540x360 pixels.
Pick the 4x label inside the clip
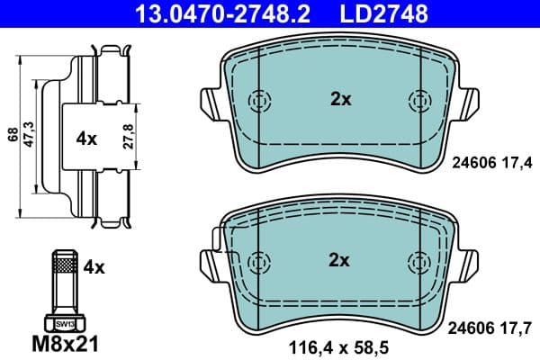(x=86, y=139)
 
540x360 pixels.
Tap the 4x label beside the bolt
(x=94, y=266)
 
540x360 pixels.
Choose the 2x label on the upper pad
(x=339, y=100)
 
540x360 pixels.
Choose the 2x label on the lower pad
(x=338, y=260)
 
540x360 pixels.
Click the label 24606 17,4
(x=490, y=162)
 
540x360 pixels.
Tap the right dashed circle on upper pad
(x=419, y=100)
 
